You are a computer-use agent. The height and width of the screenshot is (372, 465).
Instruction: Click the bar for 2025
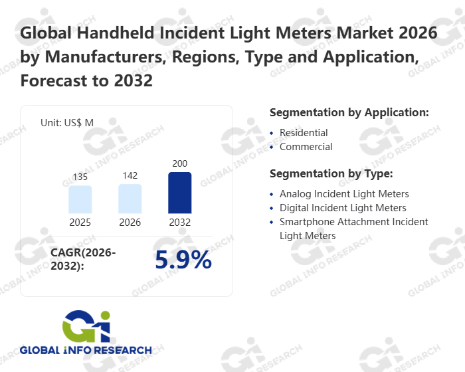click(x=80, y=199)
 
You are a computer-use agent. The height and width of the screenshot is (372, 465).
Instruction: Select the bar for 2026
click(x=130, y=199)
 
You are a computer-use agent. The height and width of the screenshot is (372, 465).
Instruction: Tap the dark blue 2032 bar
click(x=180, y=193)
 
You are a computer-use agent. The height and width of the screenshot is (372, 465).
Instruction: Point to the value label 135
click(x=80, y=178)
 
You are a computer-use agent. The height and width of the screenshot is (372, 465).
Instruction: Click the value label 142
click(x=130, y=176)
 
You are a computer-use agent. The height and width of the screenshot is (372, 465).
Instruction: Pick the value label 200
click(x=180, y=163)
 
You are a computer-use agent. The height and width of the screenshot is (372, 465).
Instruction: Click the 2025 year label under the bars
click(x=80, y=223)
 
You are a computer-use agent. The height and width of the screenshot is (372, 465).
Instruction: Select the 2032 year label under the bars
click(x=180, y=223)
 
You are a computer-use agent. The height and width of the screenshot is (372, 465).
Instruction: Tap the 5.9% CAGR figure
click(x=183, y=260)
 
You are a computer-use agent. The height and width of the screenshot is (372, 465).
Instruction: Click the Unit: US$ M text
click(x=67, y=123)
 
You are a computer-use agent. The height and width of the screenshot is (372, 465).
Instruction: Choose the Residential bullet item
click(x=304, y=133)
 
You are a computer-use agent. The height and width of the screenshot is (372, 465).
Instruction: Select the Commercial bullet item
click(x=306, y=146)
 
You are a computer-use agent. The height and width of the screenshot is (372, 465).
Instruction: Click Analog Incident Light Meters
click(x=343, y=194)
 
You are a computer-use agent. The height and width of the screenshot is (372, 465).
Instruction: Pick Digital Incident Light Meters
click(x=343, y=208)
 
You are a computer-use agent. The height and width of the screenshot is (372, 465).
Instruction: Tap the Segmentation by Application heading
click(x=349, y=112)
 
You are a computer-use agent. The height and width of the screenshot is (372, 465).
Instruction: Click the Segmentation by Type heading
click(x=331, y=173)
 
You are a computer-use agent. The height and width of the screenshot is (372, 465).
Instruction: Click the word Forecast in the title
click(x=54, y=81)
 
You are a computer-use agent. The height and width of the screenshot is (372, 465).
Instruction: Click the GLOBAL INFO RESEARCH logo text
click(x=86, y=349)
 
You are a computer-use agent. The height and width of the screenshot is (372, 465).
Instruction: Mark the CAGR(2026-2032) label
click(x=83, y=259)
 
